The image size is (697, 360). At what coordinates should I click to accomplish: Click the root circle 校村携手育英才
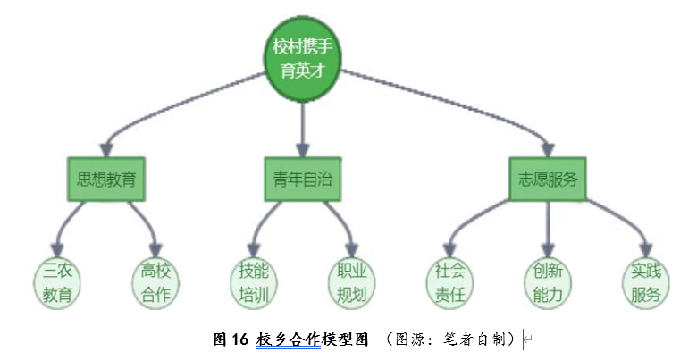(x=303, y=58)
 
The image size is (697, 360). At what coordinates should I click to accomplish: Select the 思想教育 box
(x=106, y=179)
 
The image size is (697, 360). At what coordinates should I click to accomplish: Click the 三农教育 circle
(x=57, y=281)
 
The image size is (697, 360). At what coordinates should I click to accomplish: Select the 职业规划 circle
(x=351, y=281)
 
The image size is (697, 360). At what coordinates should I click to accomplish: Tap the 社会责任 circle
(x=449, y=281)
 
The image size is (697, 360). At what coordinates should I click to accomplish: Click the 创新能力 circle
(x=547, y=281)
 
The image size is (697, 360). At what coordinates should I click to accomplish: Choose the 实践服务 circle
(x=646, y=281)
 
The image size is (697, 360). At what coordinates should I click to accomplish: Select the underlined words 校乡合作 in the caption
(x=287, y=339)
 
